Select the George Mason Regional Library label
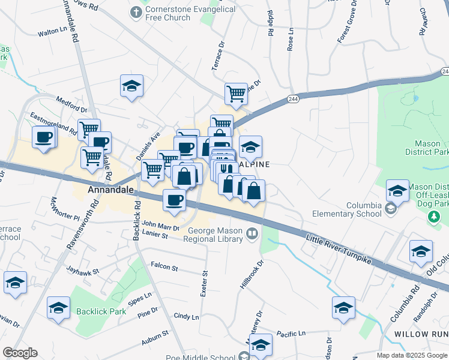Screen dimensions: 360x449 pos(215,235)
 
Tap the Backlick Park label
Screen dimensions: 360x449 pos(101,311)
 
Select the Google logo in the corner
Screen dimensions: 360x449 pos(20,353)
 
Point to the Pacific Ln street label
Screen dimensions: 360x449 pos(291,333)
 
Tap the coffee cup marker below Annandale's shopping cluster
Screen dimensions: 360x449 pos(175,200)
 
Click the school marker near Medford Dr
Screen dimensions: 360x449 pos(131,86)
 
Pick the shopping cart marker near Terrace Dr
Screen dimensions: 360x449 pos(236,94)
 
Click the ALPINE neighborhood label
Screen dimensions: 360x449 pos(256,164)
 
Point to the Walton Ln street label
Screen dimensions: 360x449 pos(51,34)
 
